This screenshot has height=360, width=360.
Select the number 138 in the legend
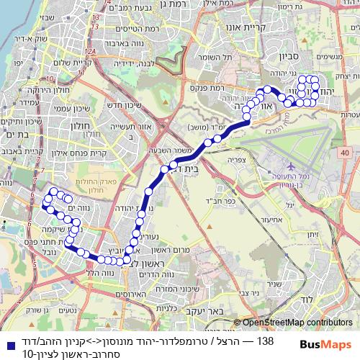point(265,341)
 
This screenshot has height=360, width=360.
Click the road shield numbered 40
point(346,153)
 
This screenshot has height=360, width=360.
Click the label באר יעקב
point(208,312)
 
